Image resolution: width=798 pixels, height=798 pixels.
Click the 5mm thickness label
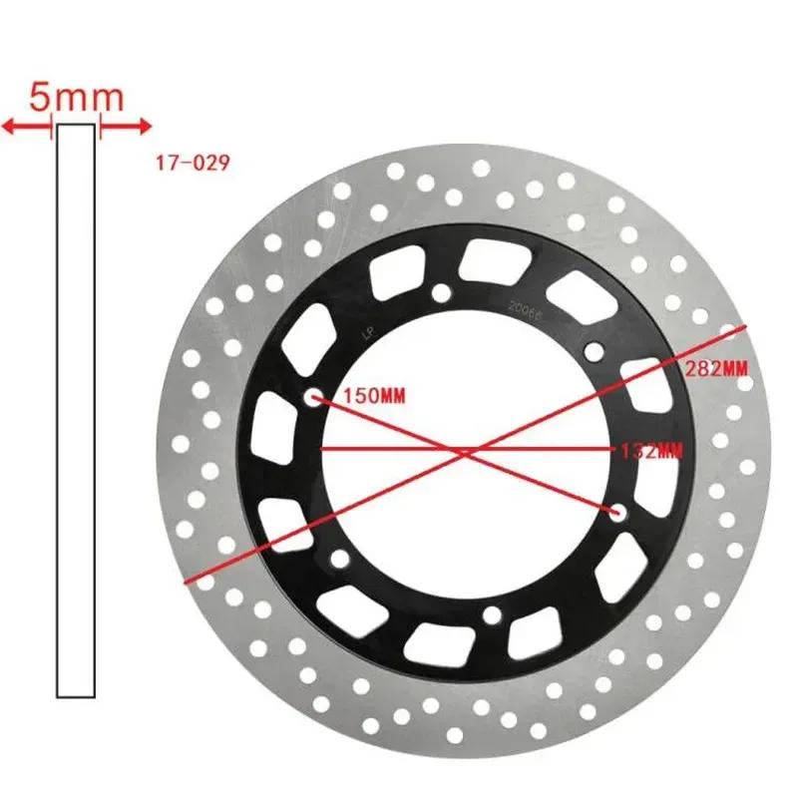coord(76,98)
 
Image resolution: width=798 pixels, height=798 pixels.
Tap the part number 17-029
coord(193,162)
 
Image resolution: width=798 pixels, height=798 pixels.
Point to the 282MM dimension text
coord(716,368)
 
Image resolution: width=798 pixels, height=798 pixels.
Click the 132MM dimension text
coord(649,451)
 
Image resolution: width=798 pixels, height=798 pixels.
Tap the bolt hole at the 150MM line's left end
coord(314,397)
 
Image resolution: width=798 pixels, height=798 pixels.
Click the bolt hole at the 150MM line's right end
coord(618,513)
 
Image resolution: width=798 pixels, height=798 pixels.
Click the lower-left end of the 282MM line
coord(186,579)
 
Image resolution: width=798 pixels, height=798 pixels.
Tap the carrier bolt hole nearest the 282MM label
coord(595,350)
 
